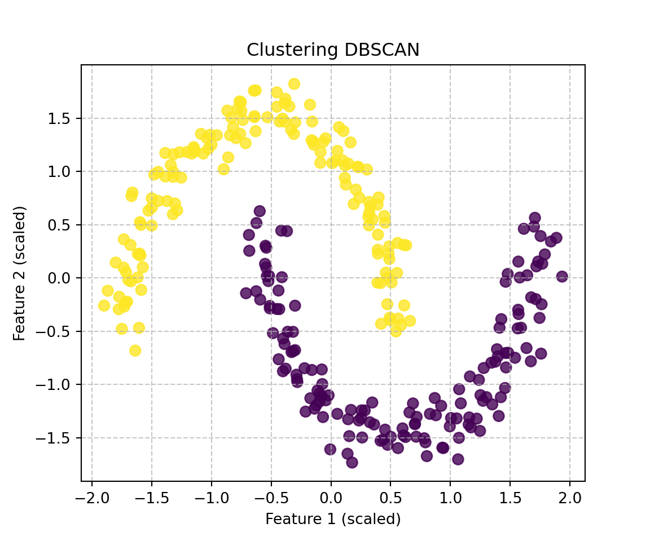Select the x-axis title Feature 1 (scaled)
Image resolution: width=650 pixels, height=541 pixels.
(x=333, y=518)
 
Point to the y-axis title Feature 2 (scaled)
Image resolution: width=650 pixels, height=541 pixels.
(x=20, y=273)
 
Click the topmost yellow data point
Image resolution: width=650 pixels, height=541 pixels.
(x=294, y=84)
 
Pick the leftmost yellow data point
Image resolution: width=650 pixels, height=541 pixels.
(x=104, y=305)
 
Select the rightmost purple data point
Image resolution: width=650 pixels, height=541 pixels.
(x=562, y=277)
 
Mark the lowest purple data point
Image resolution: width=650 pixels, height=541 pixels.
(x=352, y=462)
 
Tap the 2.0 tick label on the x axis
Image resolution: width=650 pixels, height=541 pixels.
(x=569, y=498)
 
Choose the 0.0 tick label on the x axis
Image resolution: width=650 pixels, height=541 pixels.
(x=331, y=498)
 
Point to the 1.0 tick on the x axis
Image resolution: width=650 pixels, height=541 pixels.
(x=450, y=498)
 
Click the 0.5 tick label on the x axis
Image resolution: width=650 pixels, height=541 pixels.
(x=390, y=498)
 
